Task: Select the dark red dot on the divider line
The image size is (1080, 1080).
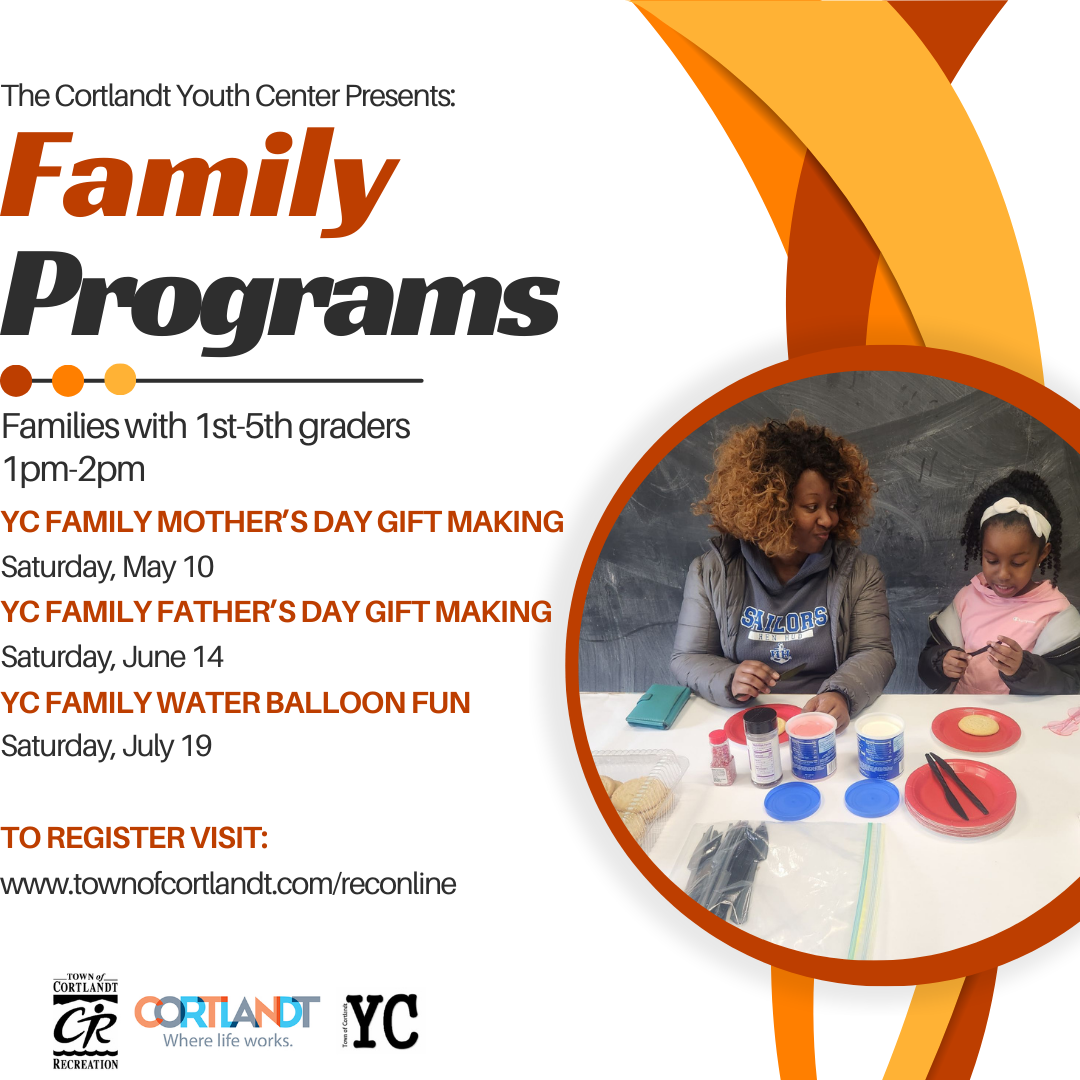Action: point(16,380)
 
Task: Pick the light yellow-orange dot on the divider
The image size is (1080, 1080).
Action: point(120,380)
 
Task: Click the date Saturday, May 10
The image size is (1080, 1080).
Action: point(107,567)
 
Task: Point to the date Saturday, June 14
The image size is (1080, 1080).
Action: point(112,656)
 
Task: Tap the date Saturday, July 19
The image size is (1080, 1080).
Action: point(106,746)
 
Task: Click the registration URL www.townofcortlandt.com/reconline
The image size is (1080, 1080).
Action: point(228,884)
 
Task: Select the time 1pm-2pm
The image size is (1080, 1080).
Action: point(74,470)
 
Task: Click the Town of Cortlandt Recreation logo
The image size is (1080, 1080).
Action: point(85,1021)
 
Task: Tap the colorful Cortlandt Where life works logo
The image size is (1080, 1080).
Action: point(227,1022)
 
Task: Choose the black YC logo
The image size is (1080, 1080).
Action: point(380,1021)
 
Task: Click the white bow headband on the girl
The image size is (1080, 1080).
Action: point(1017,515)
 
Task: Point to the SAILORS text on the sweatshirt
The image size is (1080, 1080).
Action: point(785,619)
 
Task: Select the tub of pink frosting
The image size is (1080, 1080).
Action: point(811,745)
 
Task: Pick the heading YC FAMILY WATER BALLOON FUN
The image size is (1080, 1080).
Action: point(236,703)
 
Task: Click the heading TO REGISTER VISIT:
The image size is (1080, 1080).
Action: point(134,838)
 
